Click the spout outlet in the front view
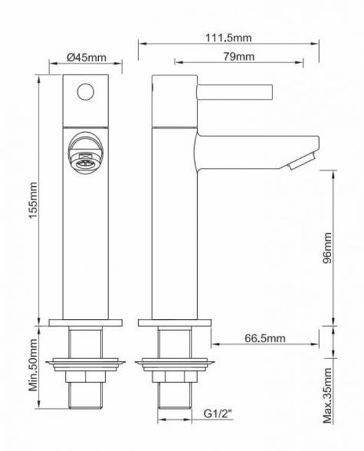tap(86, 149)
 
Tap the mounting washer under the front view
tap(86, 365)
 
